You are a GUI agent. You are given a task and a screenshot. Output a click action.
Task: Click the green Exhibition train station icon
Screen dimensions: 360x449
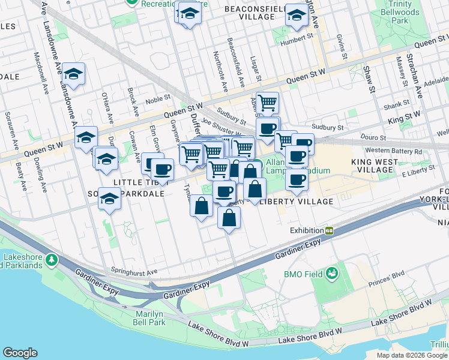pos(329,230)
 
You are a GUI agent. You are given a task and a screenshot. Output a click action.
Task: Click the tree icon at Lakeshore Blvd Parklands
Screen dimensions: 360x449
pos(52,259)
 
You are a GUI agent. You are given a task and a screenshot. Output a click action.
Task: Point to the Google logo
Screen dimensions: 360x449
pos(20,353)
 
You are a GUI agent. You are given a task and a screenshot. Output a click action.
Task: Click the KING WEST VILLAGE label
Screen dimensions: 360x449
pos(375,166)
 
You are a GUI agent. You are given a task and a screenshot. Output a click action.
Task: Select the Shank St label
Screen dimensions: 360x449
pos(397,104)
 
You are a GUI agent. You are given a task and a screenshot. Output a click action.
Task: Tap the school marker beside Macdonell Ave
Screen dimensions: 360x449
pos(73,74)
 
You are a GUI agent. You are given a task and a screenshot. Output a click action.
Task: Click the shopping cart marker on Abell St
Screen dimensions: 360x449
pos(267,102)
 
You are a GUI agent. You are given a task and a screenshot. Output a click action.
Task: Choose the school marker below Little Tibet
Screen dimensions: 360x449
pos(109,199)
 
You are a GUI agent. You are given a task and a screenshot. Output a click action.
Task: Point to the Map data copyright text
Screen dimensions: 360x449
pos(412,355)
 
